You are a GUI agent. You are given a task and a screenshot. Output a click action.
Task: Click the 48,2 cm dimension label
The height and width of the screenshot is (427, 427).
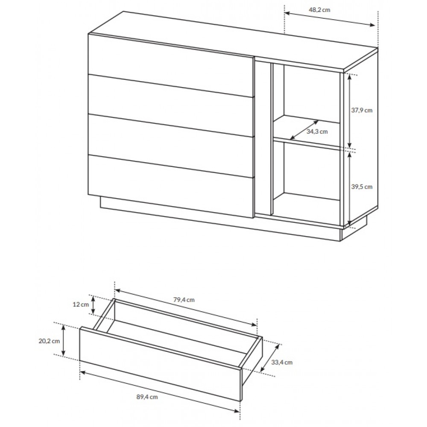[319, 10]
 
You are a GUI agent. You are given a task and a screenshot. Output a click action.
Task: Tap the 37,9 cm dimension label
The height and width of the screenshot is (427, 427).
[361, 110]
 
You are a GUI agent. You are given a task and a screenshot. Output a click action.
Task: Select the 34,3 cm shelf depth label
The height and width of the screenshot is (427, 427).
[317, 132]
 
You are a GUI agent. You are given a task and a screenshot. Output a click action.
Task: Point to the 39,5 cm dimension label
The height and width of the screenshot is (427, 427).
[361, 187]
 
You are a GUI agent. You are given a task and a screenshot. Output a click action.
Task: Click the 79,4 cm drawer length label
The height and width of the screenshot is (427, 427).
[184, 300]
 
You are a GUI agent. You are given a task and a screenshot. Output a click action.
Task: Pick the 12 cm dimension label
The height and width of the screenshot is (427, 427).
[81, 304]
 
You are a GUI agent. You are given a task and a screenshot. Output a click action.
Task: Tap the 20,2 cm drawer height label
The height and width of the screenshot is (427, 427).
[49, 341]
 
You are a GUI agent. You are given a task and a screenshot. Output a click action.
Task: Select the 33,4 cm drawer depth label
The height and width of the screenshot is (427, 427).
[282, 362]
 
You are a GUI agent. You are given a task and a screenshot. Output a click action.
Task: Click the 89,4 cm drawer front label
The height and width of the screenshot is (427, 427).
[147, 397]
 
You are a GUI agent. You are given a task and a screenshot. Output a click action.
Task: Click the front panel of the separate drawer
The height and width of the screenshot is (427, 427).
[161, 363]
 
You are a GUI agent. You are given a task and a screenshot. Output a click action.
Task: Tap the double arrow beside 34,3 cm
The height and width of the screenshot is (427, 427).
[304, 130]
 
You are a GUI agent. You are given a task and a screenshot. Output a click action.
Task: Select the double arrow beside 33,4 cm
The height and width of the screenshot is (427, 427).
[270, 358]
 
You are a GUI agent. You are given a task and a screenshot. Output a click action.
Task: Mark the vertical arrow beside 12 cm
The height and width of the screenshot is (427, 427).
[93, 304]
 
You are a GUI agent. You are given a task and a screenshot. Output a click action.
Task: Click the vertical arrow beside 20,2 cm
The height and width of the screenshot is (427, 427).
[64, 340]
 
